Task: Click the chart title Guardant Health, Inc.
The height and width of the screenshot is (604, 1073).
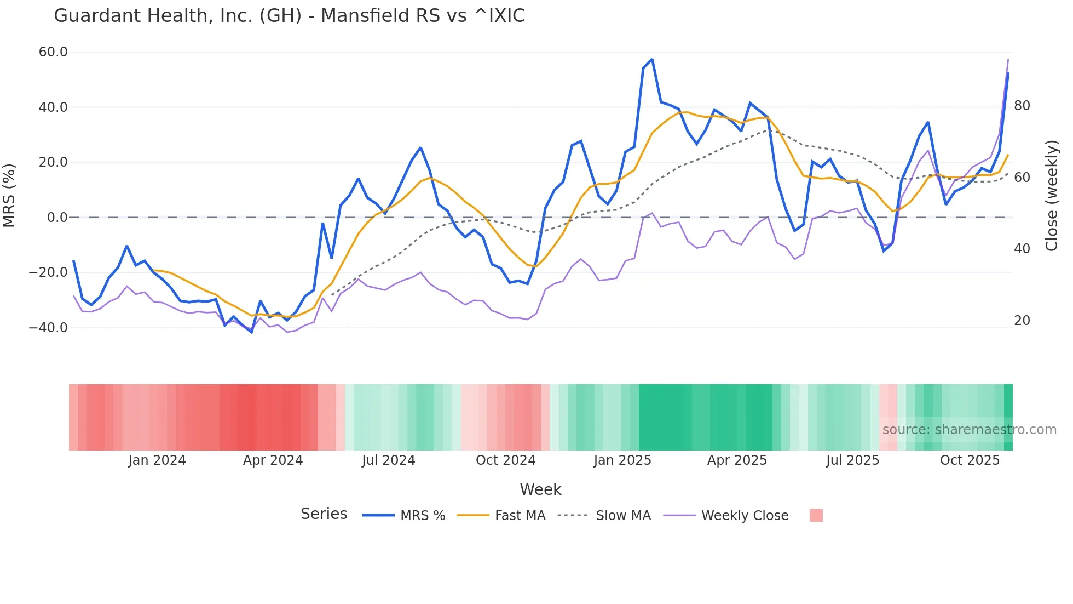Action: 289,16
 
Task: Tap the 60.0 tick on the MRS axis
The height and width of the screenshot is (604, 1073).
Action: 53,52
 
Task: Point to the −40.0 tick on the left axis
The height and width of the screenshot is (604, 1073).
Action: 49,328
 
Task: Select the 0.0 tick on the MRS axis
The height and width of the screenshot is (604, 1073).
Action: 57,218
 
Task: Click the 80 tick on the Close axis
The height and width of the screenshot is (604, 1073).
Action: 1022,106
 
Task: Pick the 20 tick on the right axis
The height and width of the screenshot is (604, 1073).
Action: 1022,321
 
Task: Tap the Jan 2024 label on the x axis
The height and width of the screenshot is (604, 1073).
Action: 157,460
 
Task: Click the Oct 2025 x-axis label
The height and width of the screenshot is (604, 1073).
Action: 970,460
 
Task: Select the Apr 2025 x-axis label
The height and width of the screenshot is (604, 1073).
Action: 737,460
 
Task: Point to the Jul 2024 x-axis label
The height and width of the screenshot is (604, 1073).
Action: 388,460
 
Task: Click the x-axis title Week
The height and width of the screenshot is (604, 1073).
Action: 540,489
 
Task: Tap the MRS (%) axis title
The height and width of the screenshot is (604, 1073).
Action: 9,195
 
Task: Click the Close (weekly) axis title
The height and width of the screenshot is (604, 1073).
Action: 1052,195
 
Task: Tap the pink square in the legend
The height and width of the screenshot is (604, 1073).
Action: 816,515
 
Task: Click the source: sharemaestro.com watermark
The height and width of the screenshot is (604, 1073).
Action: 969,430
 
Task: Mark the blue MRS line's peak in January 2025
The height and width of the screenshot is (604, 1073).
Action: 652,59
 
